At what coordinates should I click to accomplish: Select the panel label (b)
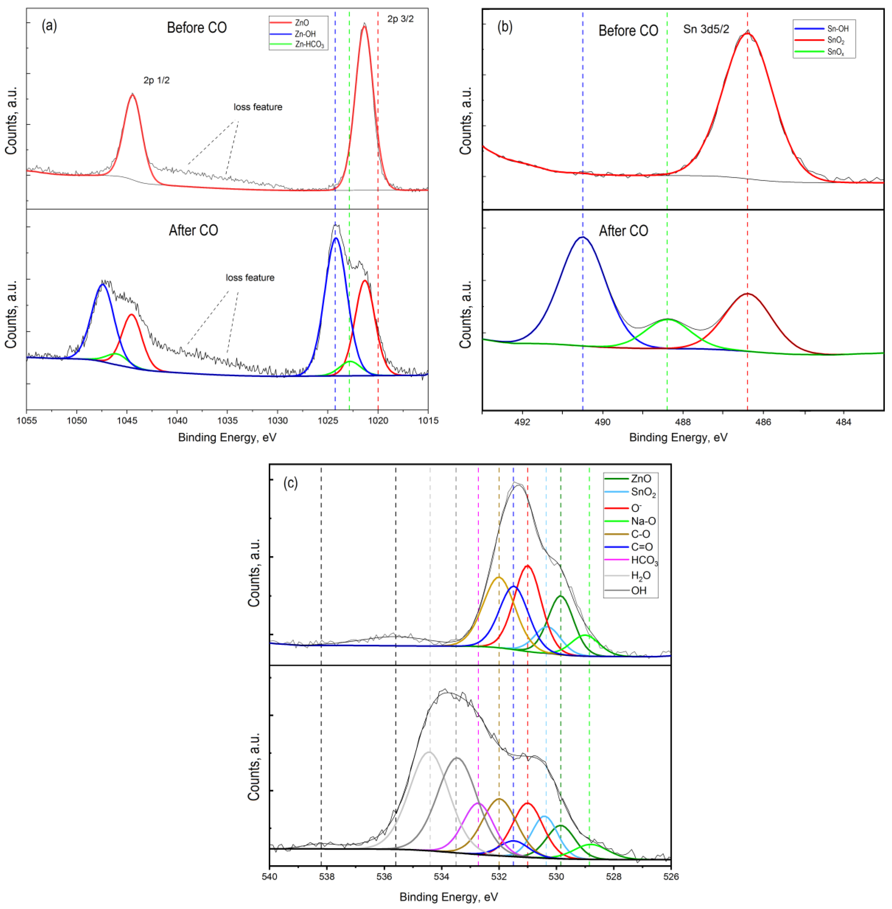pos(505,27)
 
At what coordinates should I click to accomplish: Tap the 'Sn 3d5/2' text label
pos(706,29)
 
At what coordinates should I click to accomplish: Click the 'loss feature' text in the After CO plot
pos(250,278)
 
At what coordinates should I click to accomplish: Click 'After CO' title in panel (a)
pos(193,231)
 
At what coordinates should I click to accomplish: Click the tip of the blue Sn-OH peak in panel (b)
pos(582,237)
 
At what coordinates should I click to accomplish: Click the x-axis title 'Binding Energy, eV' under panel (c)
pos(448,897)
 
